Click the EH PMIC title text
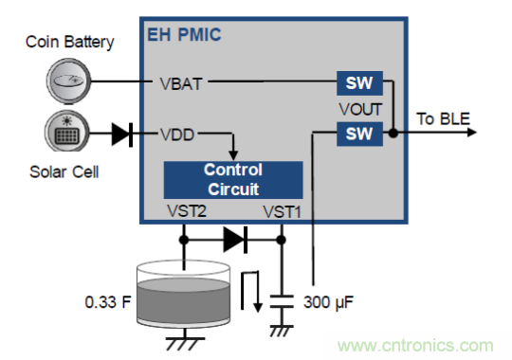[x=184, y=35]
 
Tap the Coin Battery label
[x=70, y=42]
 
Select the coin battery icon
[x=68, y=81]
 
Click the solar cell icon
[x=67, y=131]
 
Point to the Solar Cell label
[x=64, y=171]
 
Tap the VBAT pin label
[x=181, y=84]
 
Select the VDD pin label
[x=177, y=135]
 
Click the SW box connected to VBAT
[x=359, y=83]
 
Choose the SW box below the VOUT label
[x=359, y=134]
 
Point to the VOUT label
[x=360, y=109]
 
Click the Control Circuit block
[x=233, y=180]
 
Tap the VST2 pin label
[x=187, y=211]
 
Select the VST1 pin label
[x=283, y=212]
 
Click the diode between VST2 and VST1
[x=235, y=240]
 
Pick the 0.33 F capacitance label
[x=108, y=302]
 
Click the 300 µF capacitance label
[x=328, y=302]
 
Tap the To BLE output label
[x=443, y=118]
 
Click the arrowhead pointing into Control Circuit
[x=233, y=155]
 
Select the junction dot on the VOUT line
[x=393, y=133]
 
